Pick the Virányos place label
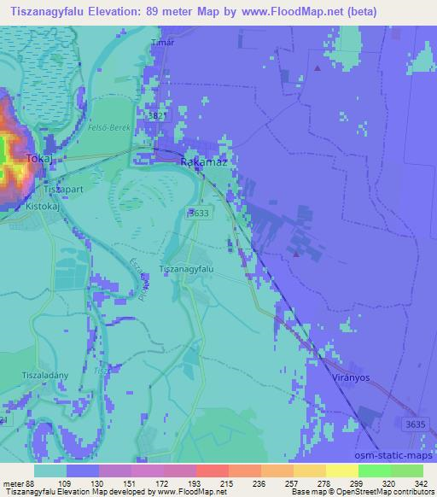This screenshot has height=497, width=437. coord(349,377)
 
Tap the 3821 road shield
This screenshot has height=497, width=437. coord(153,114)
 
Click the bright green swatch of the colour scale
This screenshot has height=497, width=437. coord(374,471)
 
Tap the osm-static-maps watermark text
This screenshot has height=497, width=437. coord(399,455)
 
